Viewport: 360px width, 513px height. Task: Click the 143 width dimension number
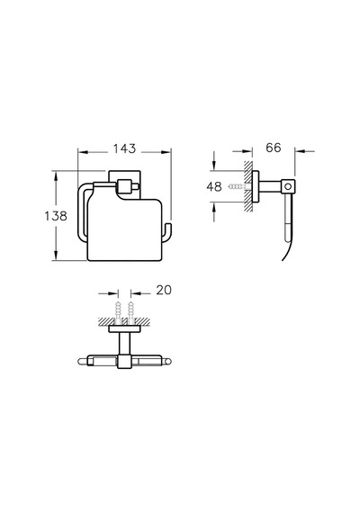[124, 148]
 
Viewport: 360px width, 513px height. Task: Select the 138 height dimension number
[56, 216]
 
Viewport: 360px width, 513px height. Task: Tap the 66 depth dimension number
[274, 148]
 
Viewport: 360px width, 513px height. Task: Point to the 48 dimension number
[214, 187]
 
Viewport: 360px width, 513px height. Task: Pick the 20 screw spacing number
[164, 290]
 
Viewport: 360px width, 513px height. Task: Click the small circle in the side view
[288, 187]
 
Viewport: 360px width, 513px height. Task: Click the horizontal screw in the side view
[238, 187]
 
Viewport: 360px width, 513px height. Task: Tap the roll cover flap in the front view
[125, 229]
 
